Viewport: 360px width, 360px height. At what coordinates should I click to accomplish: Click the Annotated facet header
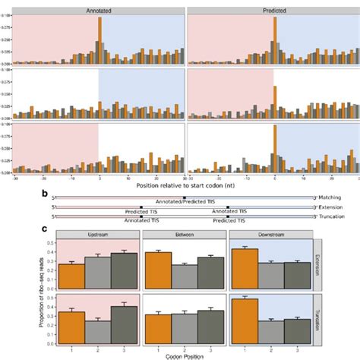(x=99, y=5)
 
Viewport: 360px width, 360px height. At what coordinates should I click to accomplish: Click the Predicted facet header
(x=273, y=5)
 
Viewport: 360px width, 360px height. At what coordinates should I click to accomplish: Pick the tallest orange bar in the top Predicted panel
(x=273, y=39)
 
